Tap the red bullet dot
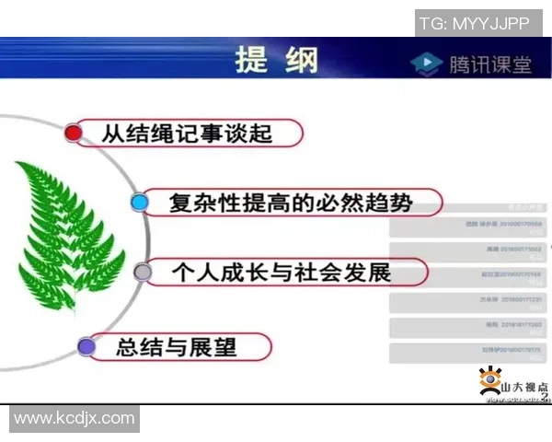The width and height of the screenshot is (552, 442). pos(74,134)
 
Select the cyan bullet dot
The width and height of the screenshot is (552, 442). pos(139,203)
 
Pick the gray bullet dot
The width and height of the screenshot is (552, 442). pos(143,273)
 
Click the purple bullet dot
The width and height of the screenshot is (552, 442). pos(86,347)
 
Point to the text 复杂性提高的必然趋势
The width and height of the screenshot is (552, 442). pos(290,203)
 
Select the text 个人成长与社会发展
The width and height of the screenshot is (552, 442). pos(281,273)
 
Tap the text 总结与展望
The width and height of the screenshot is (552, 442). pos(177,347)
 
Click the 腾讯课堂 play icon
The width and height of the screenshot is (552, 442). pos(426,64)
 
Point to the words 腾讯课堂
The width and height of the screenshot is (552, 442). pos(490,64)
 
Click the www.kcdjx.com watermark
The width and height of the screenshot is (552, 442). pos(75,419)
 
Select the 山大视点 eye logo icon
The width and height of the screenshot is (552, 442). pos(489,380)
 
